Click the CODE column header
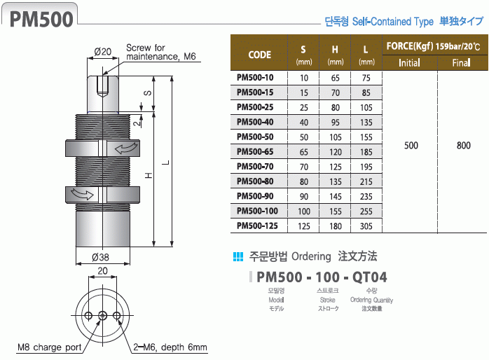pyautogui.click(x=260, y=54)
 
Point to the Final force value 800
pyautogui.click(x=463, y=146)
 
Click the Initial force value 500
pyautogui.click(x=411, y=146)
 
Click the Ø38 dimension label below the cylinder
pyautogui.click(x=102, y=257)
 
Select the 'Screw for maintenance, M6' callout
pyautogui.click(x=158, y=53)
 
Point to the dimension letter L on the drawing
pyautogui.click(x=165, y=162)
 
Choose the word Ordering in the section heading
pyautogui.click(x=310, y=256)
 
